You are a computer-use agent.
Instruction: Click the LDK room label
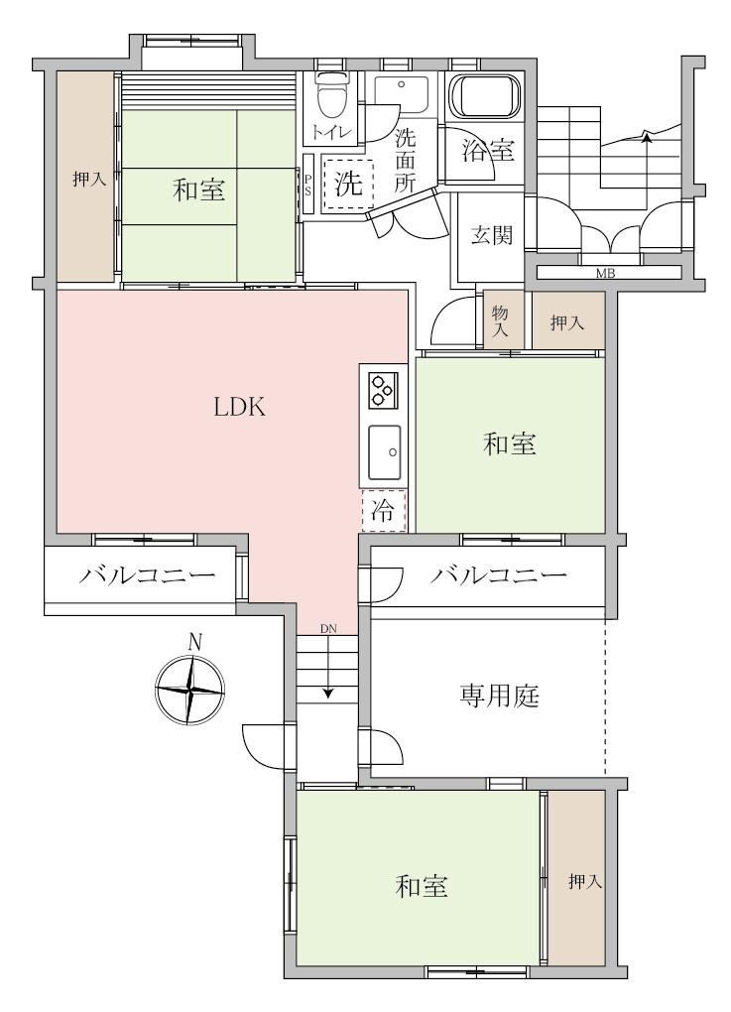coord(240,407)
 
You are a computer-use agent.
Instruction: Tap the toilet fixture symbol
coord(332,97)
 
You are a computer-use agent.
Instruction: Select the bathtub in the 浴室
coord(485,97)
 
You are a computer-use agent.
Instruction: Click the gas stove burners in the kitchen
coord(383,389)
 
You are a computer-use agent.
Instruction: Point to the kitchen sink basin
coord(385,451)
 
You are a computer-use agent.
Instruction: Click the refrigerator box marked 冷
coord(384,511)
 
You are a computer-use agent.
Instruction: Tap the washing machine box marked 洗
coord(348,184)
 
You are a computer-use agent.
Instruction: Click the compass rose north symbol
coord(190,688)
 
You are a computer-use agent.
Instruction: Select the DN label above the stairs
coord(328,628)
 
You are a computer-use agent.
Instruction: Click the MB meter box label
coord(605,274)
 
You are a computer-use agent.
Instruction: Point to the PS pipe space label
coord(308,183)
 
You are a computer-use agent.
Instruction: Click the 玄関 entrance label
coord(492,235)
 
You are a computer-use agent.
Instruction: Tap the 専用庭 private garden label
coord(499,696)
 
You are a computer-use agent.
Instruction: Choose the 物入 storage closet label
coord(501,320)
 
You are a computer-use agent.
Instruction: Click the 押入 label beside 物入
coord(567,322)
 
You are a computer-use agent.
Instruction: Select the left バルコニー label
coord(147,573)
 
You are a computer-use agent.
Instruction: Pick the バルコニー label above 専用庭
coord(498,573)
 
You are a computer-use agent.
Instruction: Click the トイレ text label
coord(332,133)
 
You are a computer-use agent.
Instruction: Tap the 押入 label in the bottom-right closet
coord(585,881)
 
